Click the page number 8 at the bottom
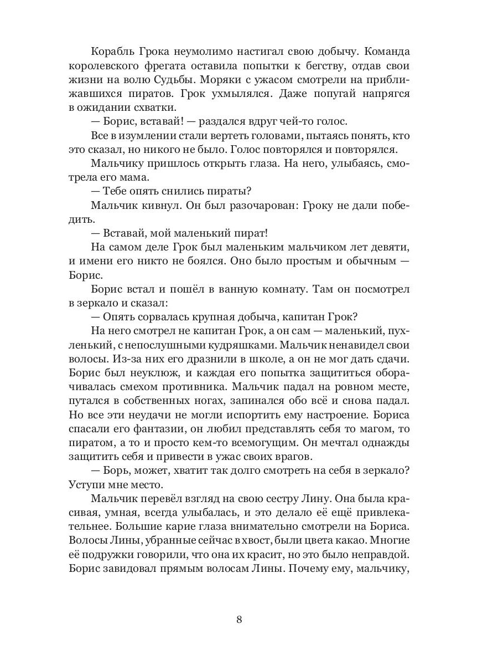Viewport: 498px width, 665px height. [239, 619]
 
